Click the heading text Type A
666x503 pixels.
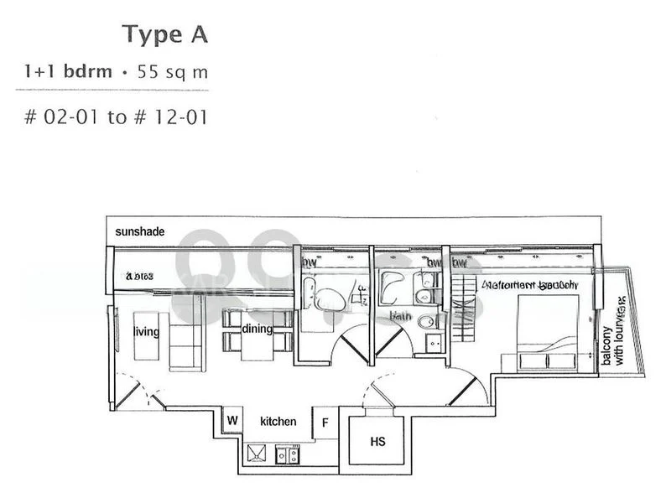pos(164,34)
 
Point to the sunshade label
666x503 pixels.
pos(140,231)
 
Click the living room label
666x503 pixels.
pos(146,331)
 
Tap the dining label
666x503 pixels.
pos(257,329)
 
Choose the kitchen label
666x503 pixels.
pos(278,422)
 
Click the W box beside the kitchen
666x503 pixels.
pos(232,420)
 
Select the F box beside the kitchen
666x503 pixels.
pos(325,423)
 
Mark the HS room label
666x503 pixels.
pos(378,441)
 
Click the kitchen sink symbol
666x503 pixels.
pos(256,454)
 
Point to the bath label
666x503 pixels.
pos(399,317)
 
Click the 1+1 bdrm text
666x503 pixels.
pos(68,72)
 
